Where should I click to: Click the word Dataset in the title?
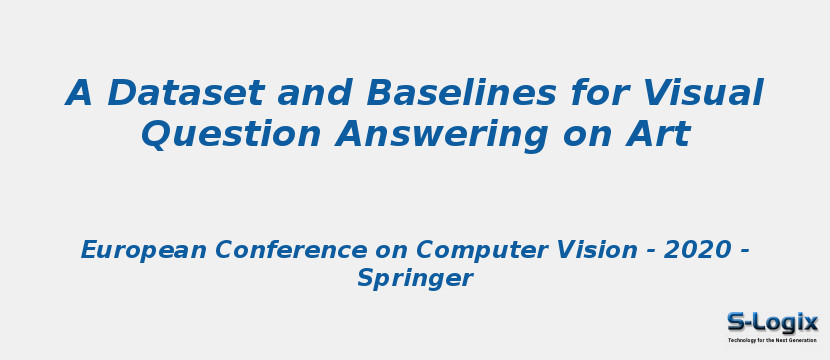[x=185, y=93]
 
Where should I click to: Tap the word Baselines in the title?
[x=461, y=93]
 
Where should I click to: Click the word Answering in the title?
[x=442, y=137]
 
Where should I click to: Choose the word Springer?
[x=415, y=278]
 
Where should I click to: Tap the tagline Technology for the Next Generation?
[x=772, y=340]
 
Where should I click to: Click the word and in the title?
[x=315, y=93]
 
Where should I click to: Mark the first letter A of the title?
[x=78, y=93]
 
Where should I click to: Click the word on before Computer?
[x=391, y=253]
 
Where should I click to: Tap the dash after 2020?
[x=744, y=252]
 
